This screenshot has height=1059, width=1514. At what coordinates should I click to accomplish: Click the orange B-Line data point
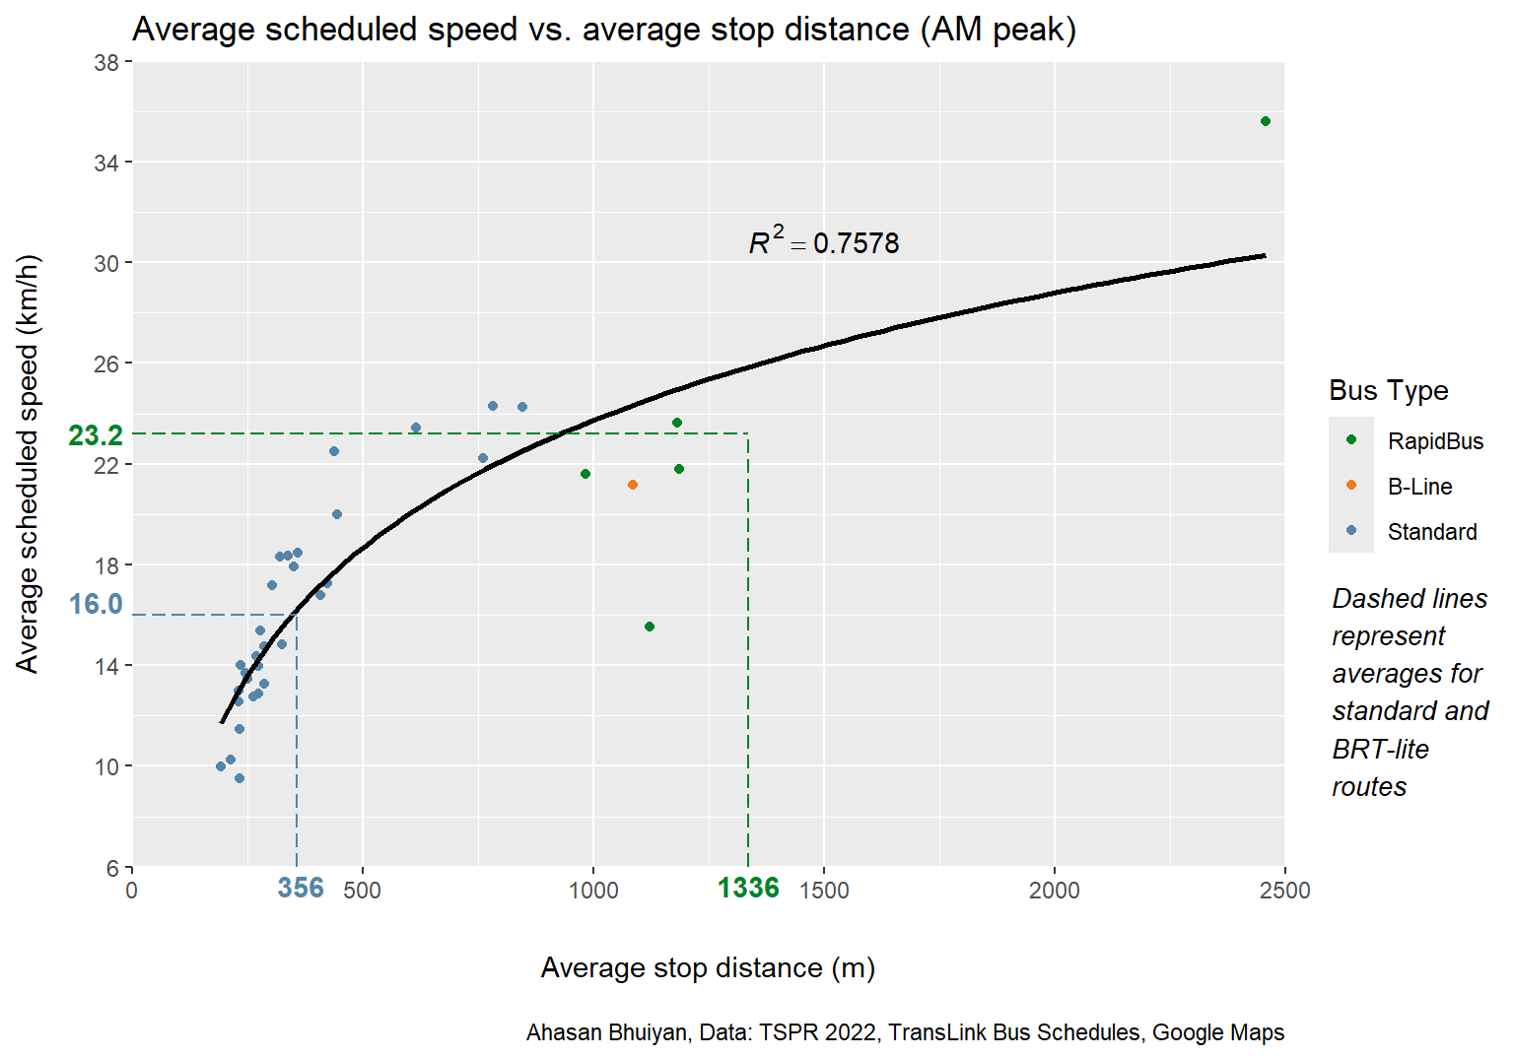tap(632, 485)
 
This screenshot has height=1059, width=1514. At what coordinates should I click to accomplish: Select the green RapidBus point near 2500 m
tap(1266, 121)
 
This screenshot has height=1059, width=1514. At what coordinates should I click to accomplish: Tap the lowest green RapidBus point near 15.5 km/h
tap(650, 627)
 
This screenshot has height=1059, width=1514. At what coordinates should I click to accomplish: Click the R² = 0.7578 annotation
tap(824, 242)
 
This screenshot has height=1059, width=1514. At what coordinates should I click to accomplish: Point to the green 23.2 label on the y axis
tap(96, 435)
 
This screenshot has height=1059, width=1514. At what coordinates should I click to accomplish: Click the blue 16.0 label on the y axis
tap(96, 604)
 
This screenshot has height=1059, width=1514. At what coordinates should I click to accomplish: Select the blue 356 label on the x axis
tap(301, 889)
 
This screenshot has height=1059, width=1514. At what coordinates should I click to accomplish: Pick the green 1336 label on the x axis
tap(748, 889)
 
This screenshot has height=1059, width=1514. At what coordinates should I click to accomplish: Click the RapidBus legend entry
tap(1435, 441)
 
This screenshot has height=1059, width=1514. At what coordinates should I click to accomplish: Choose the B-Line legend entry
tap(1419, 487)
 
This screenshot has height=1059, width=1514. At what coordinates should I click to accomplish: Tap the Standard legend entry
tap(1432, 532)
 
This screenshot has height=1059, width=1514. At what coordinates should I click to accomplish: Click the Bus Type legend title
tap(1388, 390)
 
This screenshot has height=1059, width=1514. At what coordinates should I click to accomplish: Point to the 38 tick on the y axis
tap(106, 63)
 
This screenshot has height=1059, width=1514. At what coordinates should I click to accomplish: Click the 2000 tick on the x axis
tap(1055, 891)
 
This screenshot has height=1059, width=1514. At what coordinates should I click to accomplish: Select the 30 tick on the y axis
tap(106, 264)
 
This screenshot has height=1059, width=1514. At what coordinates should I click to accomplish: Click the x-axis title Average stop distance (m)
tap(708, 967)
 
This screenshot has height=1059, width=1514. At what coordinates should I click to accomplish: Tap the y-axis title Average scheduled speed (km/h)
tap(28, 463)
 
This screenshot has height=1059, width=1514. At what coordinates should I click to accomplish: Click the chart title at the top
tap(604, 30)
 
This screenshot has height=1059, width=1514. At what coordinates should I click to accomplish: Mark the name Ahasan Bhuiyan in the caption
tap(606, 1032)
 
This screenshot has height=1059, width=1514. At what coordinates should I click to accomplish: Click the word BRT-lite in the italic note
tap(1380, 750)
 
